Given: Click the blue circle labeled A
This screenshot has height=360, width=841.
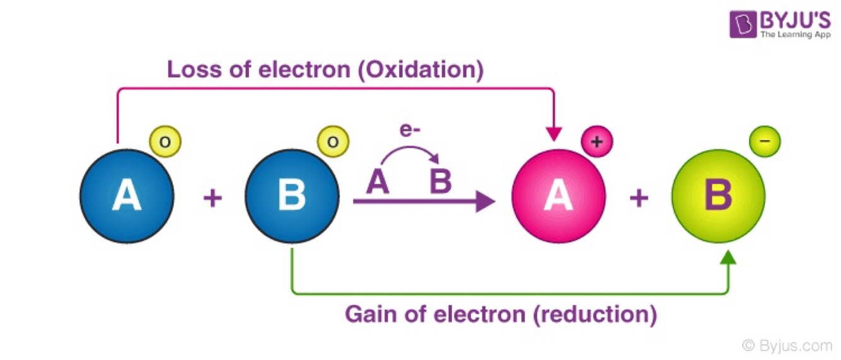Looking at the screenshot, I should click(x=127, y=196).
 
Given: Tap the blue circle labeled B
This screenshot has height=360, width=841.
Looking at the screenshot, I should click(x=292, y=196).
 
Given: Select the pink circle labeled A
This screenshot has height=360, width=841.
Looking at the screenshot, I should click(x=559, y=196).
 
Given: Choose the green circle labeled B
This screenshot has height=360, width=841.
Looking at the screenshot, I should click(x=718, y=196).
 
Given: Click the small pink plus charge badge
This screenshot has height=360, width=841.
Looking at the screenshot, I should click(x=596, y=142).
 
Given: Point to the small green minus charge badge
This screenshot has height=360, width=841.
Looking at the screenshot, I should click(x=765, y=142).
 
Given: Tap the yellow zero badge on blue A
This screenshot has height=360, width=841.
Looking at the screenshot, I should click(x=165, y=142).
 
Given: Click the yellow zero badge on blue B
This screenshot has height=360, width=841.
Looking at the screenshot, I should click(x=333, y=142).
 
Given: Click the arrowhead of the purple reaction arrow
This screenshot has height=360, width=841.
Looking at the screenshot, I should click(x=485, y=202).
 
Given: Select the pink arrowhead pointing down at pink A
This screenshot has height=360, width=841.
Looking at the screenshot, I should click(x=554, y=134).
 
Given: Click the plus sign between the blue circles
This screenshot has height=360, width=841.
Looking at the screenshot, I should click(x=212, y=199).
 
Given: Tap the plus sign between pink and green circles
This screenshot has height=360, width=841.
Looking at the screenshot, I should click(x=639, y=199).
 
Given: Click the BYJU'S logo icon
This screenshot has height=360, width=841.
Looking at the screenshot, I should click(x=743, y=25).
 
